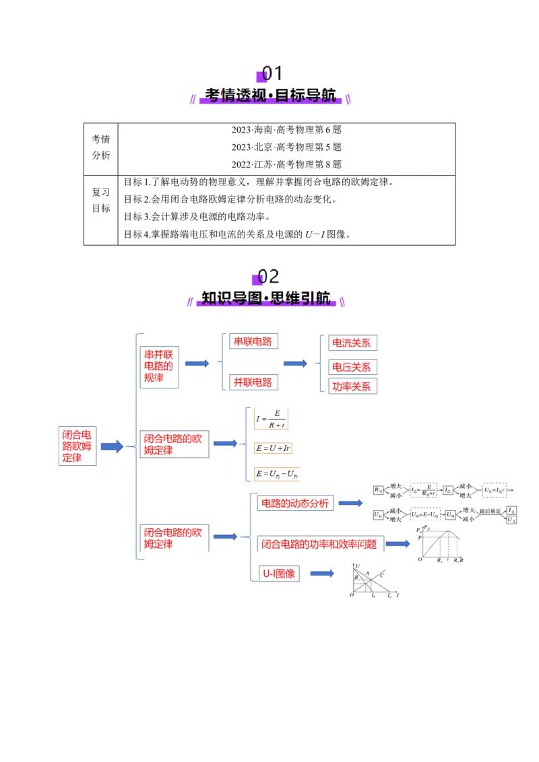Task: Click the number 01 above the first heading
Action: point(272,73)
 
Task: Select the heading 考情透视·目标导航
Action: point(270,96)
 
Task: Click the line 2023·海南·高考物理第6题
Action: point(286,130)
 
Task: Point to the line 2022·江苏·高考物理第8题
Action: point(286,164)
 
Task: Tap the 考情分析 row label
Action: point(101,147)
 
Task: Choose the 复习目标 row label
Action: point(101,200)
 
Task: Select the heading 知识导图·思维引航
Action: point(267,298)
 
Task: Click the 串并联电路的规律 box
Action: point(160,366)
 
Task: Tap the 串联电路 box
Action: point(253,341)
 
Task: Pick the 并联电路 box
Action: point(253,382)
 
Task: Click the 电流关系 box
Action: point(351,343)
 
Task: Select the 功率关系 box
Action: point(351,386)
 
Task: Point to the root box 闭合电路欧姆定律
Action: point(77,445)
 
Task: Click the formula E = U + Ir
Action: point(273,448)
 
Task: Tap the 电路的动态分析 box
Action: point(294,503)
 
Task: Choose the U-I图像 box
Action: point(279,574)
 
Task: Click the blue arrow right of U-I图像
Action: point(322,574)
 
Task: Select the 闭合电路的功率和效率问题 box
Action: point(319,544)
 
